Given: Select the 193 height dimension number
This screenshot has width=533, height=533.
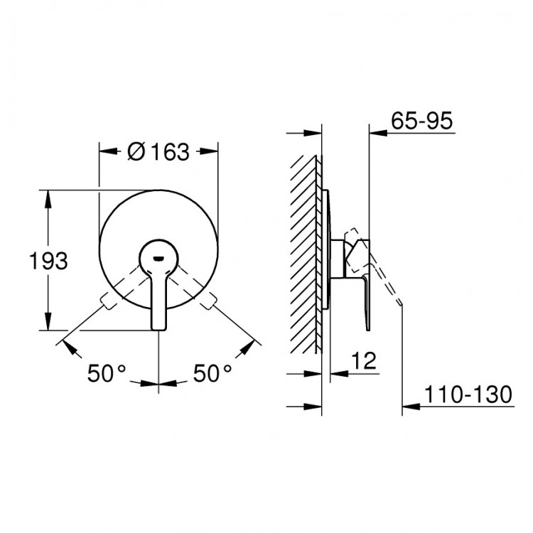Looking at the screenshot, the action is coord(48,261).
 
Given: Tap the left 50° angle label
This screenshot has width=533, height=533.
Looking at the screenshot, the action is coord(107,373).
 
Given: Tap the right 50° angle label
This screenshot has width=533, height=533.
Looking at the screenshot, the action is coord(212,373).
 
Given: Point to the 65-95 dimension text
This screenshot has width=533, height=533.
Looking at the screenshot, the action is coord(422,120).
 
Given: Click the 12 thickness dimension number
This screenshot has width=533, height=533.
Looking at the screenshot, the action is coord(364,360).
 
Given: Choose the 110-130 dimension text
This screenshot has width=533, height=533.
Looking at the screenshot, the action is coord(468,394).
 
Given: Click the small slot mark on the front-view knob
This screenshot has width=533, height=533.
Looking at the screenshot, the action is coord(158,259).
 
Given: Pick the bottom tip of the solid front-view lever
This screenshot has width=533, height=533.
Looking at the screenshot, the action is coord(158,329).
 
